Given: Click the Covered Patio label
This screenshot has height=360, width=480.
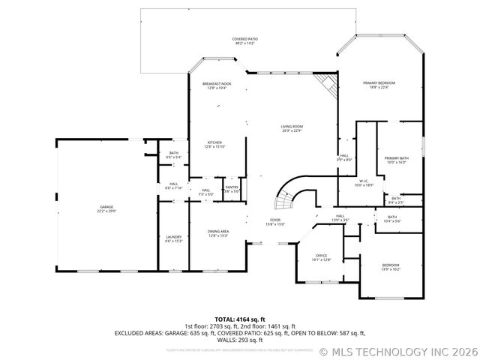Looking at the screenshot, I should click(x=244, y=41).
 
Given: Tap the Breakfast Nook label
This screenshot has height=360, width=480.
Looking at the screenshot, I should click(x=216, y=85).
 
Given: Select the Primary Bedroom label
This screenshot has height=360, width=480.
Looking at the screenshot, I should click(x=379, y=85).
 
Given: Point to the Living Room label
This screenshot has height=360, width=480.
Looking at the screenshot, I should click(x=292, y=129).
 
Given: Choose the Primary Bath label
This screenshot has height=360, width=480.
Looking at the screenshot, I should click(x=396, y=160).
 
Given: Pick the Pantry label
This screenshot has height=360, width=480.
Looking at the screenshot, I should click(x=232, y=190).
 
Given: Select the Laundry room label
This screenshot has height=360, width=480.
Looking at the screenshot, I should click(x=173, y=239).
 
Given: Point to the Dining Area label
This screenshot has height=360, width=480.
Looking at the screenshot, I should click(x=217, y=233).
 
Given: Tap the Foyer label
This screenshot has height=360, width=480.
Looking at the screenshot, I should click(x=275, y=222).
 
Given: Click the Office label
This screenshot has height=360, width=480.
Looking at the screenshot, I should click(x=321, y=257).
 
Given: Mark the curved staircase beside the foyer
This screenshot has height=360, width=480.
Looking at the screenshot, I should click(x=286, y=196).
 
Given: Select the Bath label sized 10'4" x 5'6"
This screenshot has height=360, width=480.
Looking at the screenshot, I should click(x=392, y=219).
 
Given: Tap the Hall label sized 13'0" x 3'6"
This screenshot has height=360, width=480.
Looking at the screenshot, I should click(x=340, y=217).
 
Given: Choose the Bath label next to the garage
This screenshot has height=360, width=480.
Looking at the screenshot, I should click(x=173, y=155).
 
